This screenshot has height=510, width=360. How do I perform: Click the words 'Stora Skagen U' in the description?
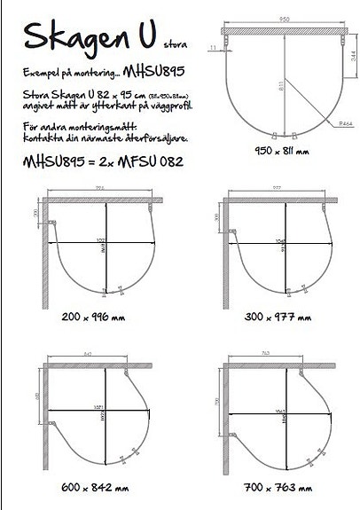pyautogui.click(x=60, y=92)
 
